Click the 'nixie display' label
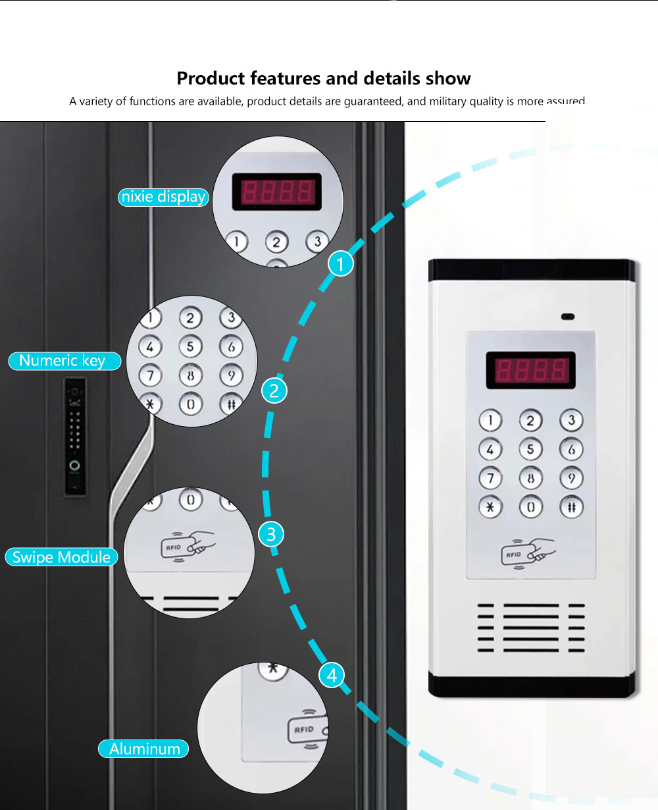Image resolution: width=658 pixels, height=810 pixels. (163, 197)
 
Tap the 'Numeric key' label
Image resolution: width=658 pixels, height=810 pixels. (64, 361)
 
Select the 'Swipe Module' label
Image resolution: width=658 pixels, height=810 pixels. (62, 557)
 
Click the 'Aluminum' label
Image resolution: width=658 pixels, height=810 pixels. (144, 749)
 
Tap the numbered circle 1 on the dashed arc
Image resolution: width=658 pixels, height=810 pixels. (341, 264)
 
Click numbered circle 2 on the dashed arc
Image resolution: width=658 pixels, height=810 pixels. (274, 391)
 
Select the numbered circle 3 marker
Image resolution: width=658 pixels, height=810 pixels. (271, 534)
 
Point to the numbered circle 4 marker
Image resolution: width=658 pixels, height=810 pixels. (332, 675)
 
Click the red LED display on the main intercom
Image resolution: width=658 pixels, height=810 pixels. (530, 370)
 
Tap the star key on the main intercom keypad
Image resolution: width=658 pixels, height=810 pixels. (490, 506)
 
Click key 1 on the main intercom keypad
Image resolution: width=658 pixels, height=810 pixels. (490, 420)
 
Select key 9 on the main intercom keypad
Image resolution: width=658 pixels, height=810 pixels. (571, 478)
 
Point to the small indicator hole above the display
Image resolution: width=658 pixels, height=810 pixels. (567, 317)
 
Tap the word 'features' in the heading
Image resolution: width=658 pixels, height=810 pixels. (284, 78)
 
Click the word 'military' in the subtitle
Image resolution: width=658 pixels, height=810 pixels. (449, 101)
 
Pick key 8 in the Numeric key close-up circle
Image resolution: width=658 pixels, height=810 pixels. (191, 376)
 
